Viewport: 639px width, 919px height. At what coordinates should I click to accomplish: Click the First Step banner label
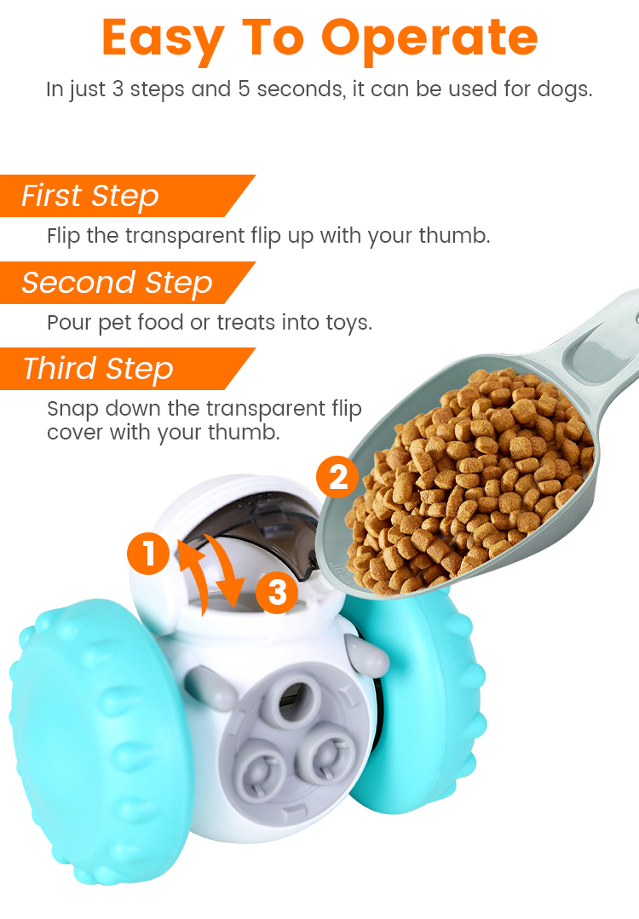pyautogui.click(x=90, y=196)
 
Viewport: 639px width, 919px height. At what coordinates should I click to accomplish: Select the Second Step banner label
pyautogui.click(x=118, y=283)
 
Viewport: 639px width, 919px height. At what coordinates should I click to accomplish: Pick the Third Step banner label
pyautogui.click(x=99, y=369)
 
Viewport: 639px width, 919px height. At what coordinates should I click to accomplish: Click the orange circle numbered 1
pyautogui.click(x=149, y=553)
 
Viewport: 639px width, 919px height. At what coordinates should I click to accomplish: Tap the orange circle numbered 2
pyautogui.click(x=337, y=476)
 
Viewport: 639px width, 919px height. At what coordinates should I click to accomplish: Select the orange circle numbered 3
pyautogui.click(x=277, y=592)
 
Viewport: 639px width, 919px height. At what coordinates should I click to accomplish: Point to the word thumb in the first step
pyautogui.click(x=453, y=236)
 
